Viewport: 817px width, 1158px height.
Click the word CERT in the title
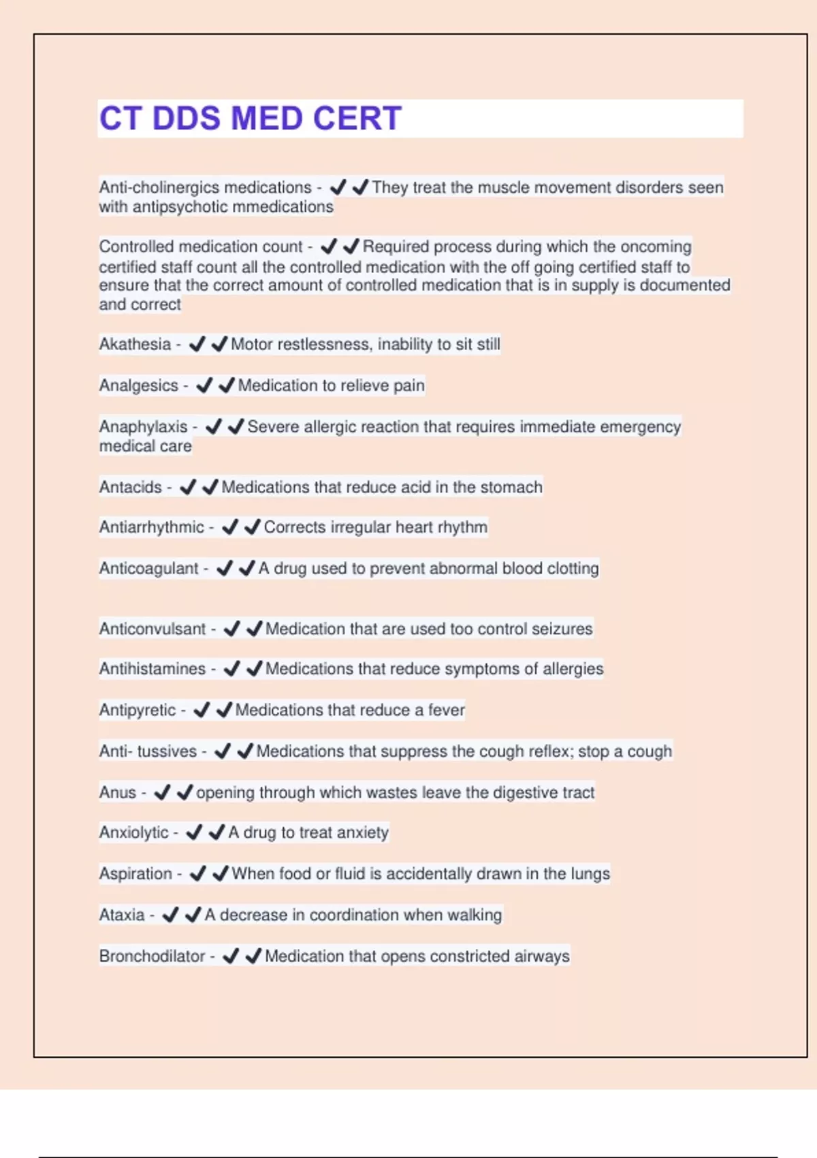pos(357,119)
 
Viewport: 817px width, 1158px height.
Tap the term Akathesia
pos(135,344)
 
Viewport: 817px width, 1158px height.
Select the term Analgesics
pos(138,386)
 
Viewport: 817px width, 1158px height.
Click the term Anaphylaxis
pos(143,426)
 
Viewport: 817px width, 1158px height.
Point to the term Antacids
pos(130,487)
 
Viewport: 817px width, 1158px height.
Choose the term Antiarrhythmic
pos(151,527)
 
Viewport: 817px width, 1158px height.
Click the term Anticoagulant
pos(148,568)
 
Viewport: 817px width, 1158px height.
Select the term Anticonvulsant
pos(152,629)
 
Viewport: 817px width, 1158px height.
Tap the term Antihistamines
pos(152,669)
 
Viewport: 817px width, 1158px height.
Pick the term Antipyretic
pos(137,710)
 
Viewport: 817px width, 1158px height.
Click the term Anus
pos(118,792)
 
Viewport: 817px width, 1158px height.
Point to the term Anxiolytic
pos(133,832)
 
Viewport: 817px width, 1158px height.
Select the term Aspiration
pos(135,873)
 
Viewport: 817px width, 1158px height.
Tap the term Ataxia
pos(122,915)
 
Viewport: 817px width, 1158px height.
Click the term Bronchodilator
pos(152,956)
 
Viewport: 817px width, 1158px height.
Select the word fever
pos(446,710)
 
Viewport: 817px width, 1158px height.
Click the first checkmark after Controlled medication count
pos(329,246)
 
